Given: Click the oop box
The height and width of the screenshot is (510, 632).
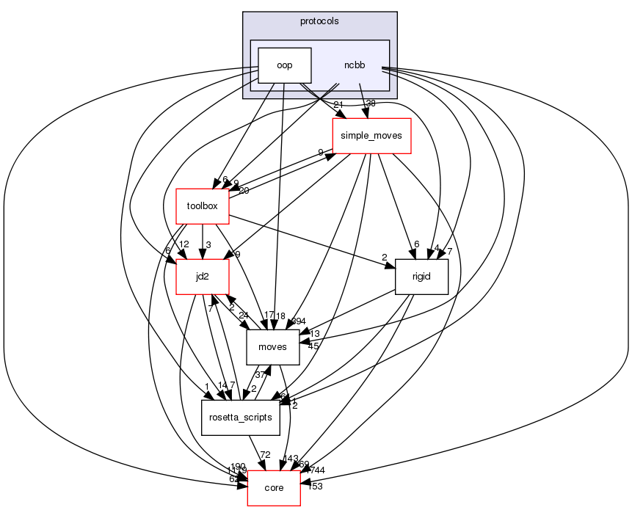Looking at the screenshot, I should point(284,65).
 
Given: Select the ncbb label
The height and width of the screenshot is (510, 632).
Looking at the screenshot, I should point(354,65).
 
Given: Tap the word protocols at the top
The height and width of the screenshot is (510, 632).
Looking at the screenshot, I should point(319,21).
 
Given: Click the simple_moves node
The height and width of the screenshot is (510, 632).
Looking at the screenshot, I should point(371,135).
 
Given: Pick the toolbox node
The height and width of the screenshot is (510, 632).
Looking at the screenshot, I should point(203,206).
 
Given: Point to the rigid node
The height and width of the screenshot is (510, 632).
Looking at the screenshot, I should point(421,277).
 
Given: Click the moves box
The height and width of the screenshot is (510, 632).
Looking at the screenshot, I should point(272,347).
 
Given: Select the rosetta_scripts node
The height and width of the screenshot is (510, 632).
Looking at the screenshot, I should point(240,418).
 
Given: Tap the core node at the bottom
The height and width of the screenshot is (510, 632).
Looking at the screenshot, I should point(273,488).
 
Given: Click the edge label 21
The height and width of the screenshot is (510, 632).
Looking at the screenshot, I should point(338,104).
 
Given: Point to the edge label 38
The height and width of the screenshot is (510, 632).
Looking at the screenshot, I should point(370,104).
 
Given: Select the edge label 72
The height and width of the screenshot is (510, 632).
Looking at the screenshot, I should point(265,456).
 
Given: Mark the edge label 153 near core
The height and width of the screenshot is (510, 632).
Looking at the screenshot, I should point(315,486).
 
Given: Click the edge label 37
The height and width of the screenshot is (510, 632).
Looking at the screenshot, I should point(260,374).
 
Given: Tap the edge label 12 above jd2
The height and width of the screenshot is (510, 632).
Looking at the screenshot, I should point(184,244).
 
